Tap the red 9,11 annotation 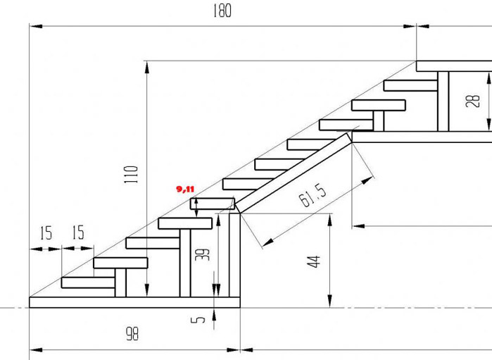[185, 189]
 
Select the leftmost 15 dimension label [46, 233]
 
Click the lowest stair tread [88, 283]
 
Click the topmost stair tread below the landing [410, 85]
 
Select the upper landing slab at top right [453, 66]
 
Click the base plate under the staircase [134, 302]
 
